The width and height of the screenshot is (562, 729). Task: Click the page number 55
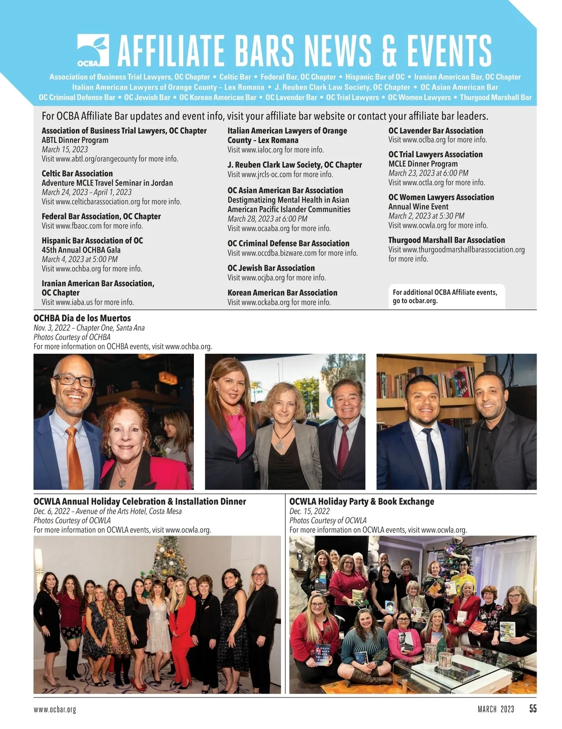click(533, 709)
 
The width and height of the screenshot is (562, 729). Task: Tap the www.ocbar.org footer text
click(55, 709)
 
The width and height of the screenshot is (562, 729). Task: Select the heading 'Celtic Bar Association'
click(77, 174)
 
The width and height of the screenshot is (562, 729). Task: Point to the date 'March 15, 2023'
click(65, 149)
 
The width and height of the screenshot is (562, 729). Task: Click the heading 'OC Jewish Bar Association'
click(271, 268)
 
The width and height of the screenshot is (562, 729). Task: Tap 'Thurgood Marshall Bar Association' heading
click(447, 240)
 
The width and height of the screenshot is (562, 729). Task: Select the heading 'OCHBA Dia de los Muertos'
click(82, 318)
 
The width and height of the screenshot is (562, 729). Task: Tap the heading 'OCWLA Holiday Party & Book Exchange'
click(362, 502)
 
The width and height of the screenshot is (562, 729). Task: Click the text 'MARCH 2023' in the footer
click(496, 709)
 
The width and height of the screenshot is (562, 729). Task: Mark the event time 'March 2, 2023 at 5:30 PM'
click(426, 216)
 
